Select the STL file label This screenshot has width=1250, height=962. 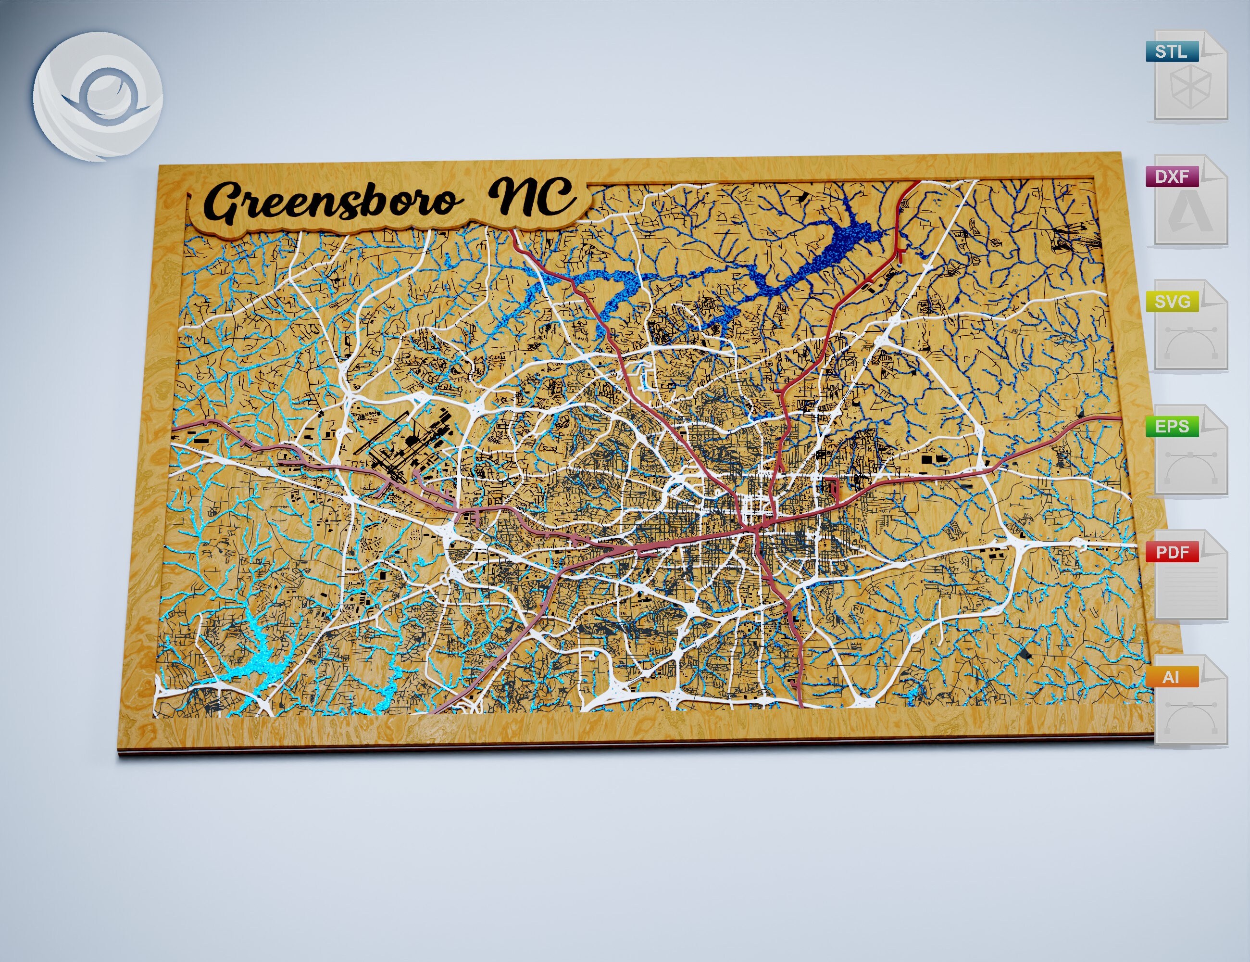pos(1172,51)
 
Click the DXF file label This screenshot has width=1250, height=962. pos(1172,177)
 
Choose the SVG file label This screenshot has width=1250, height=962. pos(1172,301)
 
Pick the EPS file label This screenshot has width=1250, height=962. pos(1172,427)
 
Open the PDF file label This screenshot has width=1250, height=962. pos(1172,552)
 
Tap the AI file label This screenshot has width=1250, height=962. pos(1171,677)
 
